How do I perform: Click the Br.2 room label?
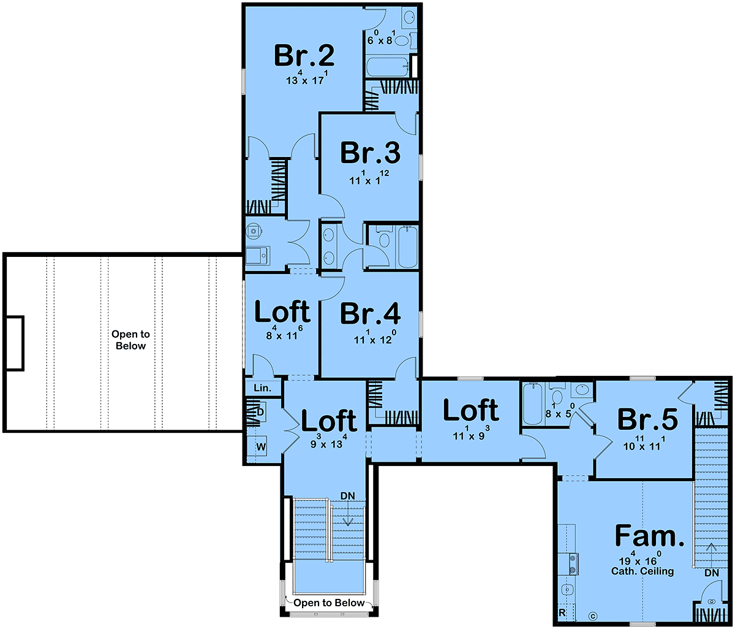point(304,56)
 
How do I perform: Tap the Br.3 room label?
point(370,153)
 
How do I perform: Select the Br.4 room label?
point(370,314)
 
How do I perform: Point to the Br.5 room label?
point(647,419)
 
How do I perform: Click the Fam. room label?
point(649,535)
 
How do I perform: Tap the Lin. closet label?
point(262,388)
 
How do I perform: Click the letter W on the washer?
point(261,448)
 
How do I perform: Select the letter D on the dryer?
point(260,413)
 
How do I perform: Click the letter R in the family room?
point(562,612)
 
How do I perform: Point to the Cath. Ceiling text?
point(643,571)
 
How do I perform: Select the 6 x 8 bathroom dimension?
point(381,38)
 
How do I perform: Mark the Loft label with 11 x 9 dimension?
point(471,410)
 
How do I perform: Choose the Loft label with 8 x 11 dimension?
point(282,311)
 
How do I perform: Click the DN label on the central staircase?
point(347,496)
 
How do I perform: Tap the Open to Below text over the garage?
point(130,340)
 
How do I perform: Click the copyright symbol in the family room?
point(593,616)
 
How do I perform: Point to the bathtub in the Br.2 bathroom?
point(388,67)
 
